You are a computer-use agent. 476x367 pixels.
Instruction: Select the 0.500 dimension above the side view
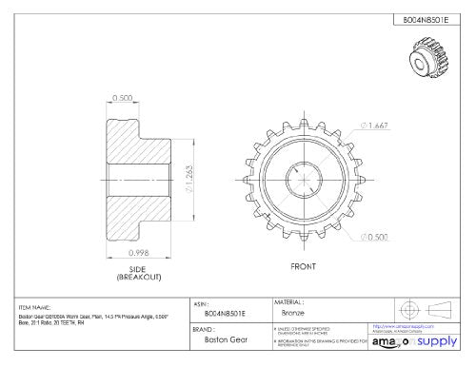(123, 98)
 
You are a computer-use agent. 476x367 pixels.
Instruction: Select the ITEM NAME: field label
(35, 307)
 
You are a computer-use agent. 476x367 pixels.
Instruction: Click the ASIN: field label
(201, 300)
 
